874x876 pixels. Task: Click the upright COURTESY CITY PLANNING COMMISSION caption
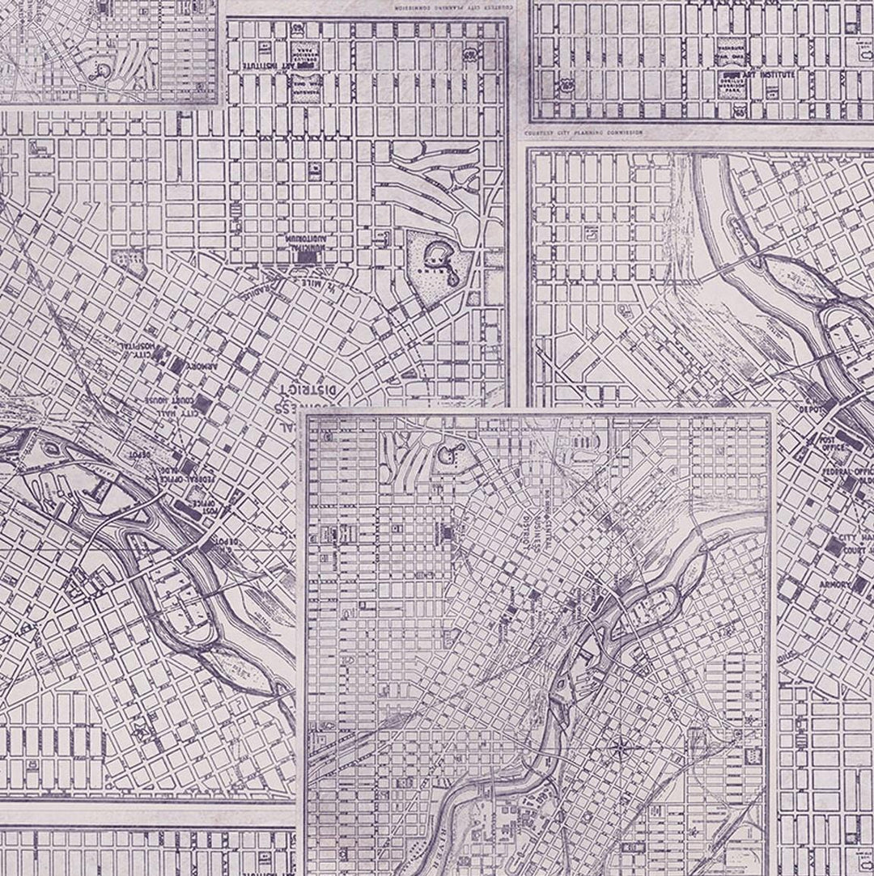[583, 132]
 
